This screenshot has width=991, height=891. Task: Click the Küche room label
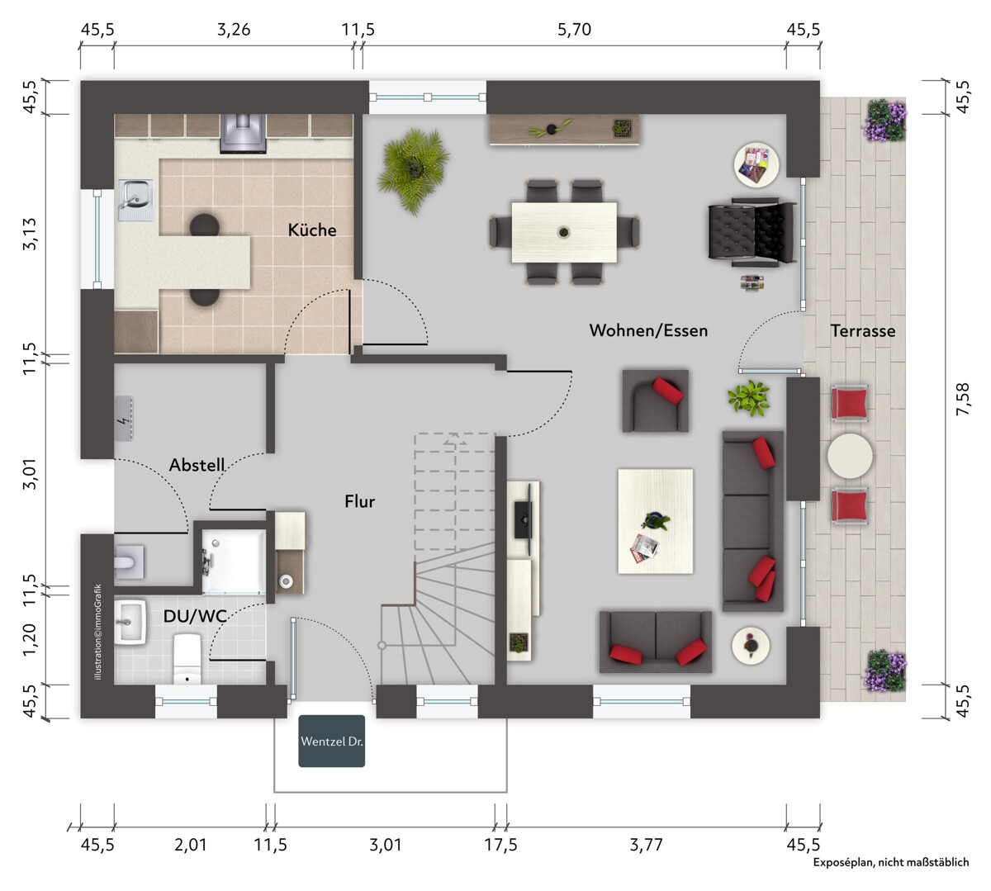tap(311, 230)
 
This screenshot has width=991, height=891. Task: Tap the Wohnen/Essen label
tap(648, 330)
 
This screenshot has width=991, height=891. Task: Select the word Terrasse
tap(862, 331)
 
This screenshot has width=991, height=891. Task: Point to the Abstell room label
tap(197, 465)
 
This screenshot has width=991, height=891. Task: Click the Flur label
tap(359, 501)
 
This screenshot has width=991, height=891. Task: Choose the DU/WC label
tap(195, 616)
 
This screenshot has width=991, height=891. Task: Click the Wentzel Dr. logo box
tap(331, 742)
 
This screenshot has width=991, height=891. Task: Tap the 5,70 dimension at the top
tap(574, 31)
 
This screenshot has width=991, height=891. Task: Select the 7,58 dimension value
tap(962, 399)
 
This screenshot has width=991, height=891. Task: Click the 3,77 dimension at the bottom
tap(646, 845)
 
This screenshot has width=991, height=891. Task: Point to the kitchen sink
tap(136, 200)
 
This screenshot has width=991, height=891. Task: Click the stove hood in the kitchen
tap(243, 134)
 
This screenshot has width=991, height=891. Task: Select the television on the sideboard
tap(524, 519)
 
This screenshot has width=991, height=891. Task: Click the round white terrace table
tap(850, 456)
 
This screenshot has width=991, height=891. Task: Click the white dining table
tap(564, 232)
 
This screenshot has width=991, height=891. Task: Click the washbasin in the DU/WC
tap(130, 622)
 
